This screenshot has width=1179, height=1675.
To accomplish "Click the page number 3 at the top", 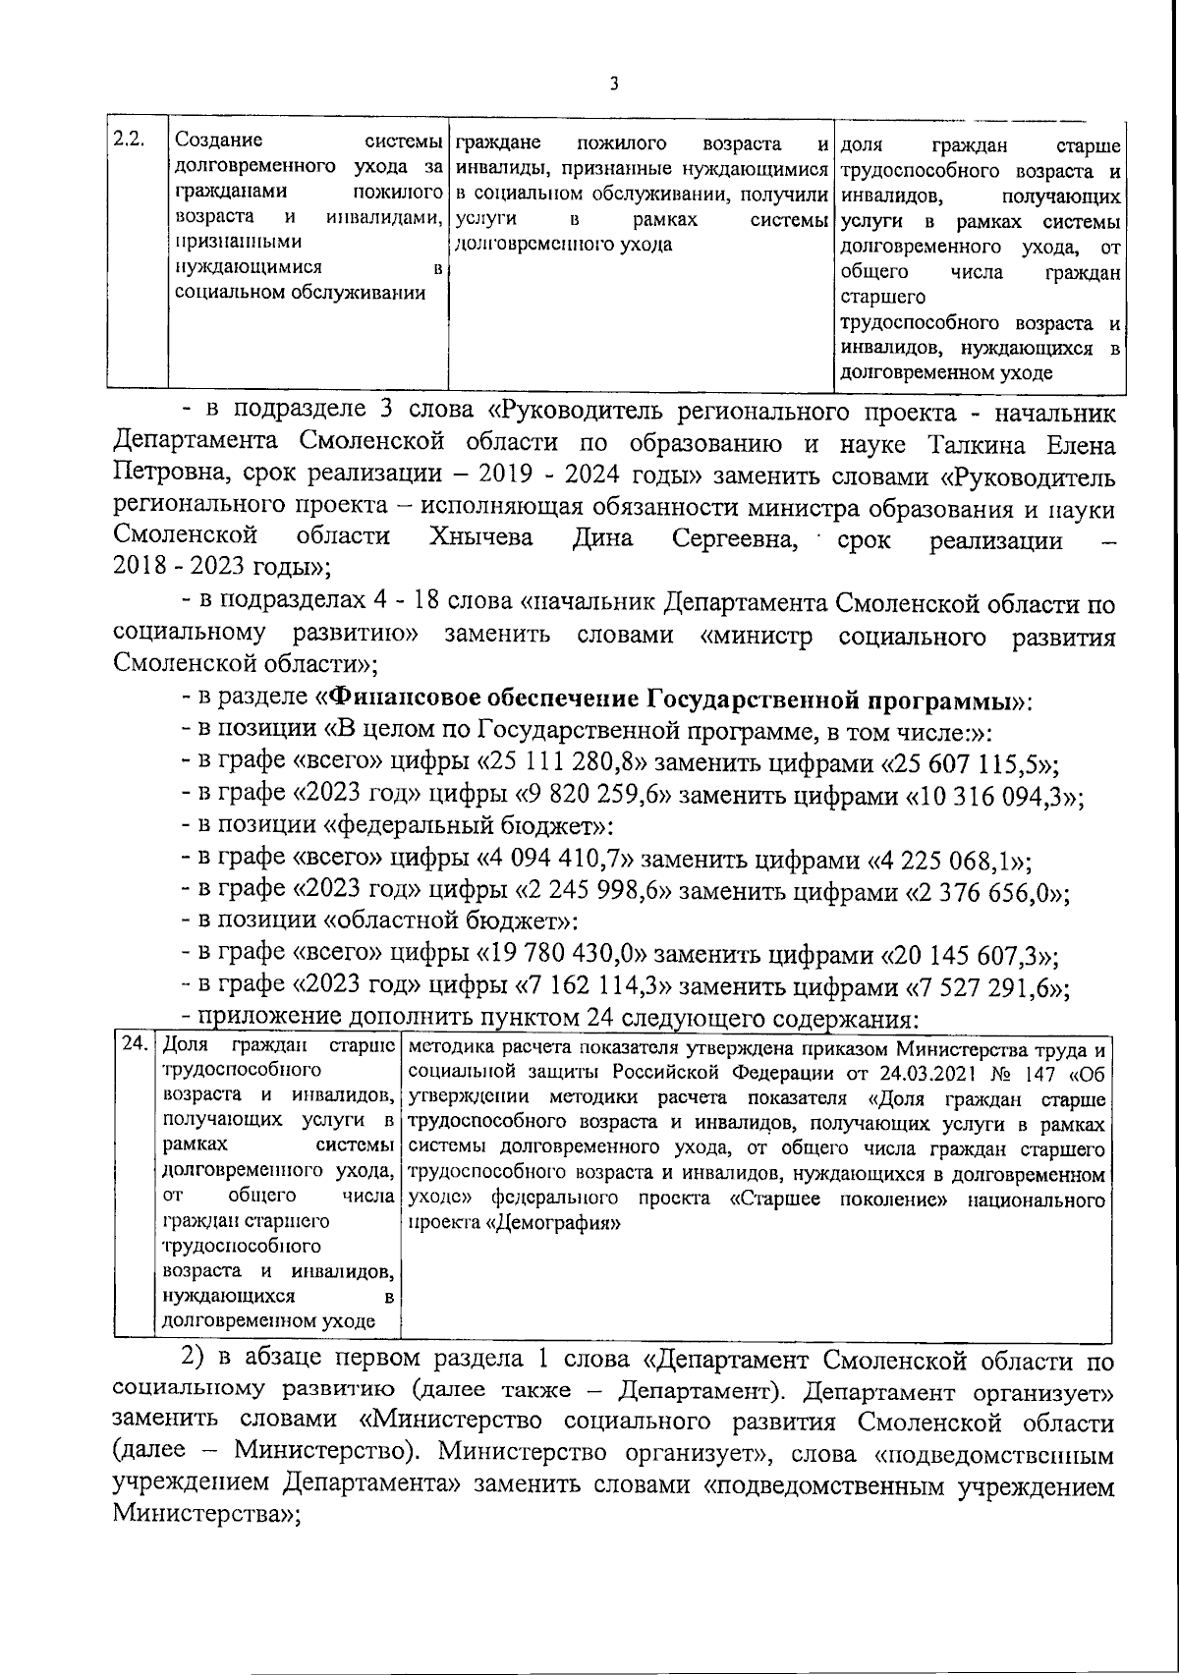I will tap(614, 84).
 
